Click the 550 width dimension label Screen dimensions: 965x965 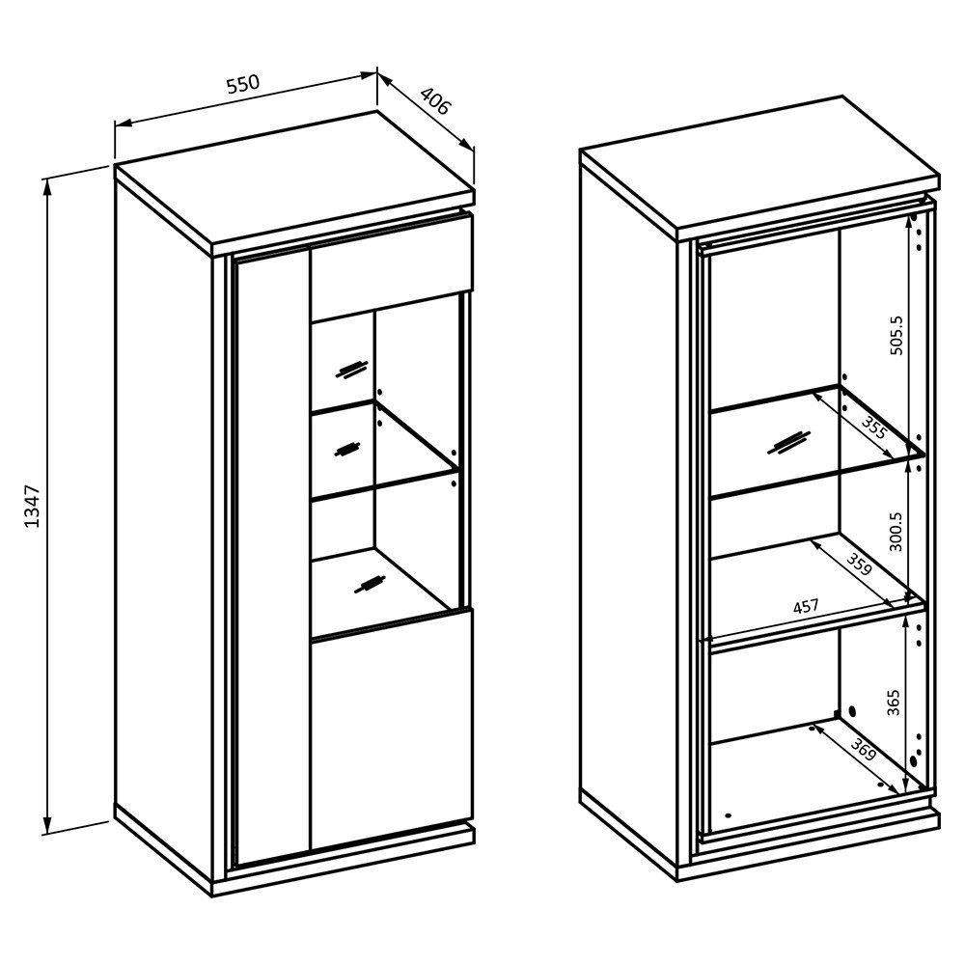(x=243, y=84)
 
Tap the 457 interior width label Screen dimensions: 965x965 (x=806, y=607)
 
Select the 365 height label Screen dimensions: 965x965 (x=894, y=703)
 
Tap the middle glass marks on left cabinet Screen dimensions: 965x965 (x=346, y=448)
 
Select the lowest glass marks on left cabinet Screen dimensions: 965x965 (x=370, y=584)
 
